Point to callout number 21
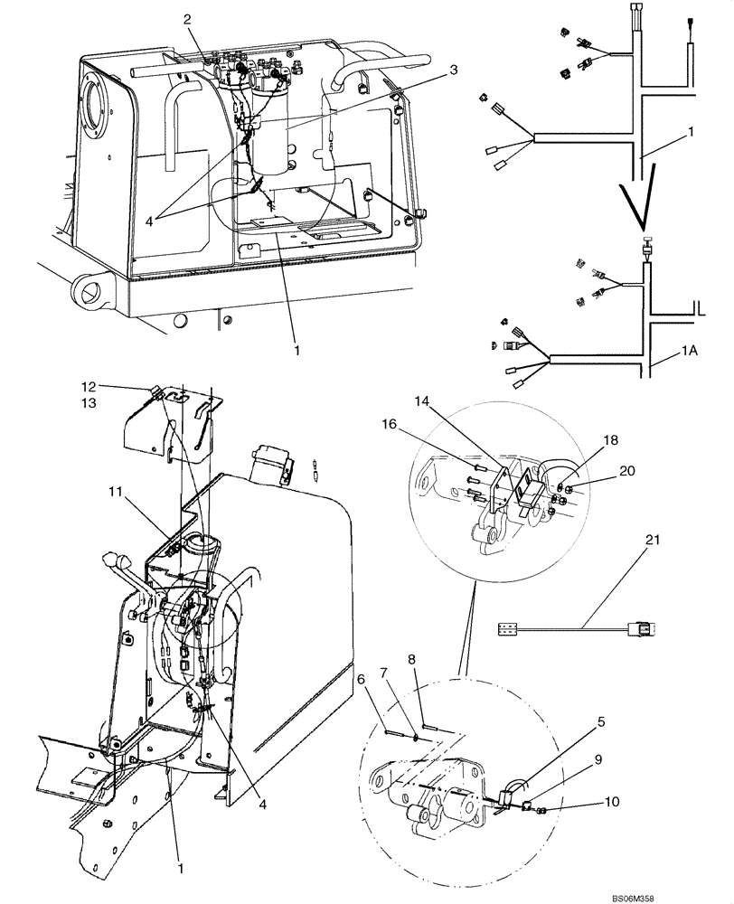(653, 540)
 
